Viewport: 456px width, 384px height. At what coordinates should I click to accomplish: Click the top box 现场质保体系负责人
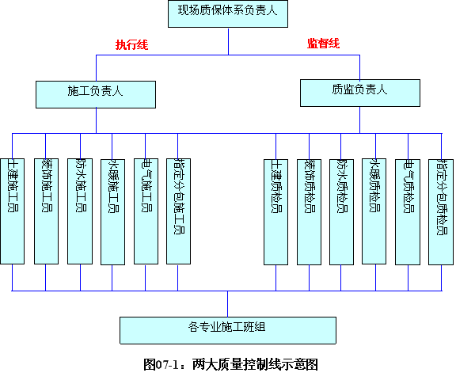coord(228,13)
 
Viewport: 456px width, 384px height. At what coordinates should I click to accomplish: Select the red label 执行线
coord(131,45)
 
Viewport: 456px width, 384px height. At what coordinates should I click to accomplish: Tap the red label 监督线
coord(323,44)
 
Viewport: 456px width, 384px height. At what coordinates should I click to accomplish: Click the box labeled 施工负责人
coord(96,94)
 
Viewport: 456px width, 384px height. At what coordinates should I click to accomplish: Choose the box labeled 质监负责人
coord(360,93)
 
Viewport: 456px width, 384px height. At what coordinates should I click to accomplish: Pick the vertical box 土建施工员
coord(12,211)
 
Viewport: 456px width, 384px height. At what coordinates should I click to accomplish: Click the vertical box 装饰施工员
coord(46,211)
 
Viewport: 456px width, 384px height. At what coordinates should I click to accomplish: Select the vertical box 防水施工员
coord(80,211)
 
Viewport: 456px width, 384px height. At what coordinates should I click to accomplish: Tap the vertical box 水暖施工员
coord(113,211)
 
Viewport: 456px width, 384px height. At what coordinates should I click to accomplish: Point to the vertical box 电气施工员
coord(146,211)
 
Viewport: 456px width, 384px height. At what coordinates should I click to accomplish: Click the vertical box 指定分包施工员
coord(179,211)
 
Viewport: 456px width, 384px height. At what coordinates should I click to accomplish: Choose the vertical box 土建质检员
coord(276,211)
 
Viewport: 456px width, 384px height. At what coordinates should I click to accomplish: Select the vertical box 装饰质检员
coord(309,211)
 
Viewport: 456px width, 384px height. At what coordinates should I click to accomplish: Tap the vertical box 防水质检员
coord(342,211)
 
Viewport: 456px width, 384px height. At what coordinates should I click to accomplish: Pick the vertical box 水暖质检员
coord(374,211)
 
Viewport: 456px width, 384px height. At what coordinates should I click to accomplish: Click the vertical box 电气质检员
coord(408,211)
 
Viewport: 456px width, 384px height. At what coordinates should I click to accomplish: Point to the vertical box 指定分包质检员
coord(441,211)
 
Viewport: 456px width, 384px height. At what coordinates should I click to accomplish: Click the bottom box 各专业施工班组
coord(228,330)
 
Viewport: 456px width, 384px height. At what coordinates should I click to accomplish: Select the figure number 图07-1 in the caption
coord(161,364)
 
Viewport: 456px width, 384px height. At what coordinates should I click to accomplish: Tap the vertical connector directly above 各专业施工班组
coord(228,304)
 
